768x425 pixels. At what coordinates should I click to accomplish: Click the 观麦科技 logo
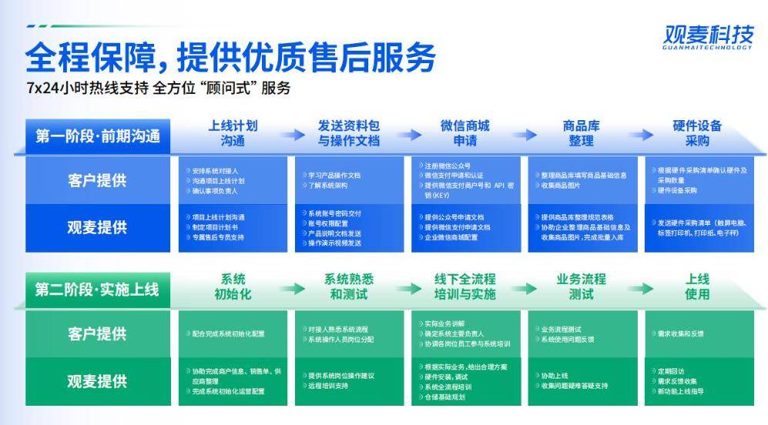[x=708, y=36]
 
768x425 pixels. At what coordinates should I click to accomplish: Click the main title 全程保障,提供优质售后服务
[x=230, y=57]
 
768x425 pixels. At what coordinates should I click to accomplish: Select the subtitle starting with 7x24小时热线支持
[x=158, y=88]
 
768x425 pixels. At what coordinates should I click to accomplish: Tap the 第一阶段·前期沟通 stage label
[x=98, y=136]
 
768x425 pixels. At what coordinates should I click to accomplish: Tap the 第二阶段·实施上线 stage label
[x=97, y=289]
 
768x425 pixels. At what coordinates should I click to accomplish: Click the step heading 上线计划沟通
[x=233, y=133]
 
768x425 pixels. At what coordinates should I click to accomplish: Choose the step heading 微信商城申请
[x=464, y=133]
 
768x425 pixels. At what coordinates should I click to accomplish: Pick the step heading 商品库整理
[x=581, y=133]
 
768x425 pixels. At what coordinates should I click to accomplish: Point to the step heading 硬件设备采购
[x=696, y=133]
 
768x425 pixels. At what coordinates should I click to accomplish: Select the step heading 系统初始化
[x=233, y=286]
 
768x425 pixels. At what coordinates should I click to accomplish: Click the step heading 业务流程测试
[x=581, y=286]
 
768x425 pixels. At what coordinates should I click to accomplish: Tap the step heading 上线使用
[x=696, y=286]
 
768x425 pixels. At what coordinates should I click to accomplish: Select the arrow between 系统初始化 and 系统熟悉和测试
[x=292, y=287]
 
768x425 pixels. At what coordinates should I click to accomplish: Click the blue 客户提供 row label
[x=97, y=181]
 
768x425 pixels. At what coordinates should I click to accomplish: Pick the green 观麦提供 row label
[x=97, y=381]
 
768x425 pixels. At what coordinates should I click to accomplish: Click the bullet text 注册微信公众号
[x=447, y=166]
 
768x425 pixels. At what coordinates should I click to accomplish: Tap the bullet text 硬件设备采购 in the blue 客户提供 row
[x=677, y=190]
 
